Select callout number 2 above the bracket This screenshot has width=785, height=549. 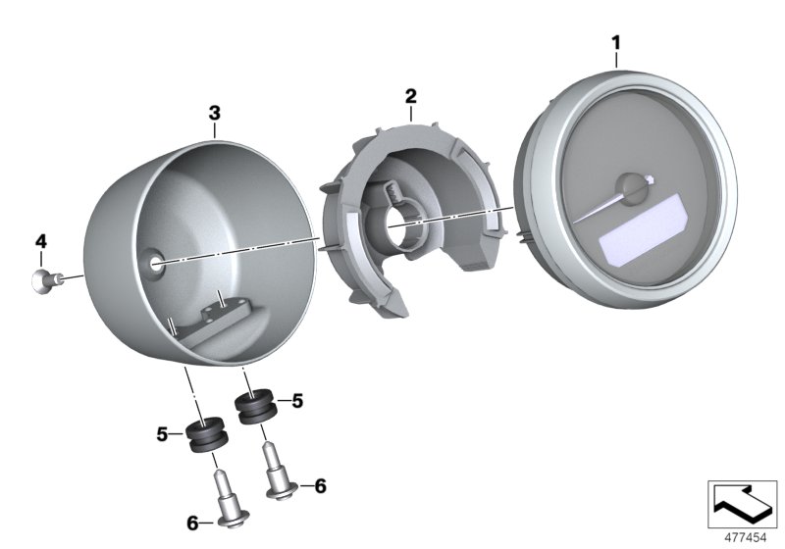411,95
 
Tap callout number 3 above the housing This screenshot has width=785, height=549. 215,114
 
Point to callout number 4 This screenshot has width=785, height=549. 40,240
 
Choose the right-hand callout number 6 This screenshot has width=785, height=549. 320,485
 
